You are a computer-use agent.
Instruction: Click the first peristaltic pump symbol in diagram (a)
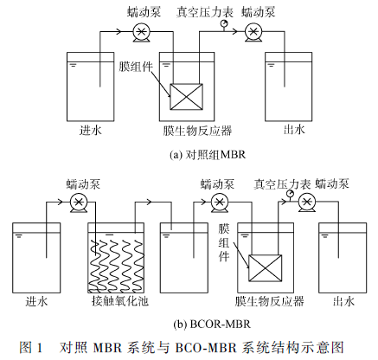141,31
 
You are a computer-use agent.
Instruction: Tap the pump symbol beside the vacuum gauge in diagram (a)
253,31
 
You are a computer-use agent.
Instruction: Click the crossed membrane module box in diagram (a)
188,95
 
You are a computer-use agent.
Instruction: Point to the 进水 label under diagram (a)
91,131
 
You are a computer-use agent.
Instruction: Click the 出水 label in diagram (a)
292,131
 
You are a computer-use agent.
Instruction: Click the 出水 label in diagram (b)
343,302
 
